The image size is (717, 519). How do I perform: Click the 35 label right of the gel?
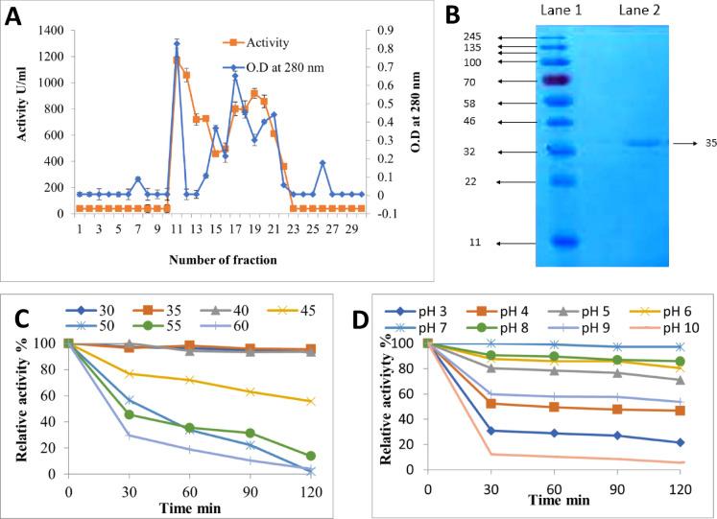[x=711, y=143]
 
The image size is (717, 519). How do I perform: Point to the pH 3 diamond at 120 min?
[x=680, y=442]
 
